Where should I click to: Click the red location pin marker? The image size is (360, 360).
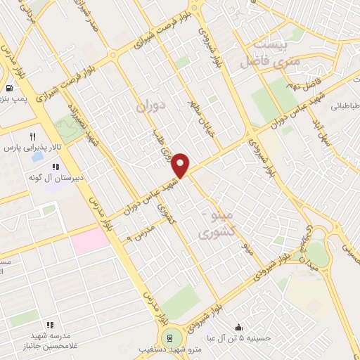pyautogui.click(x=181, y=165)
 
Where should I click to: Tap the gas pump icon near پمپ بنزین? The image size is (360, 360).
pyautogui.click(x=8, y=89)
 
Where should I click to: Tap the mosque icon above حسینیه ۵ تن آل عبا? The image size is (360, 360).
pyautogui.click(x=239, y=327)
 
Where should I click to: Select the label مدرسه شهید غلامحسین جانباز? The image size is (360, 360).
pyautogui.click(x=51, y=341)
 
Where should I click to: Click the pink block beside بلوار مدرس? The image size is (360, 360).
pyautogui.click(x=91, y=241)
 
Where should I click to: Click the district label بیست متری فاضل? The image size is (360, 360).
pyautogui.click(x=264, y=54)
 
